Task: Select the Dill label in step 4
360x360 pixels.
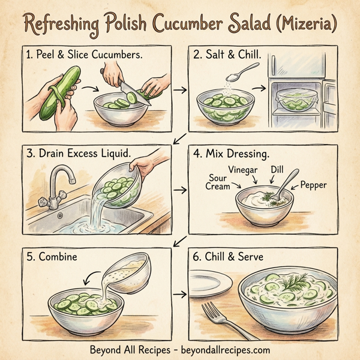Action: click(x=277, y=170)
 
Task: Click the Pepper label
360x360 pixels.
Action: click(x=313, y=185)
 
